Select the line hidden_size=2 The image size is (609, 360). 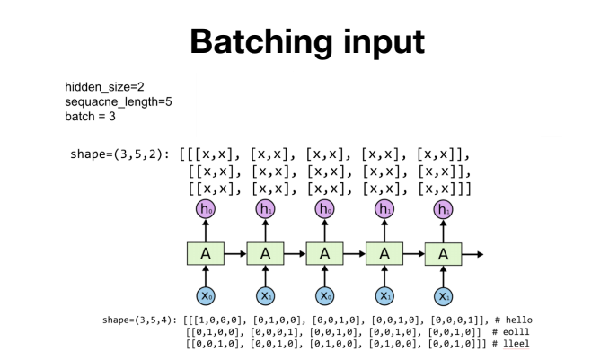pyautogui.click(x=104, y=87)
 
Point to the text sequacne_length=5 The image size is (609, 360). pyautogui.click(x=118, y=101)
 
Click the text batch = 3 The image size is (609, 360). pyautogui.click(x=91, y=116)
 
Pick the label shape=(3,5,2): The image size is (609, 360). pyautogui.click(x=120, y=154)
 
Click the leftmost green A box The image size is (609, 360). pyautogui.click(x=205, y=253)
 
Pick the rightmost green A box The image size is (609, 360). pyautogui.click(x=443, y=254)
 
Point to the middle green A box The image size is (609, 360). pyautogui.click(x=324, y=253)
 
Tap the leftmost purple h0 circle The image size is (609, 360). pyautogui.click(x=205, y=210)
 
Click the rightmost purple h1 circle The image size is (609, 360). pyautogui.click(x=443, y=210)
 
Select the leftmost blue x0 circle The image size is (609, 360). pyautogui.click(x=205, y=296)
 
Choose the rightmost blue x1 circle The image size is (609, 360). pyautogui.click(x=443, y=296)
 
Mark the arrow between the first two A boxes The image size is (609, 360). pyautogui.click(x=234, y=254)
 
